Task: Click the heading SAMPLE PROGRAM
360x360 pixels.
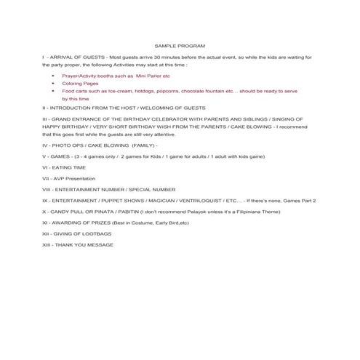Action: [180, 45]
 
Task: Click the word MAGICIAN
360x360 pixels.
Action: [170, 199]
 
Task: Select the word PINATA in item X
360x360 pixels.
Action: [101, 211]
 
